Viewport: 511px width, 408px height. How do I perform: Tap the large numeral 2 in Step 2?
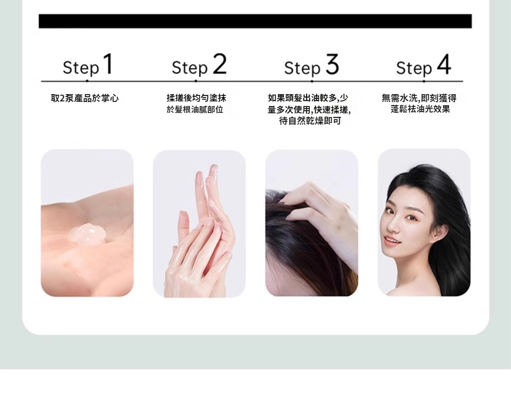(x=220, y=64)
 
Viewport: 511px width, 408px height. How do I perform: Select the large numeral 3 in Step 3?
(x=332, y=64)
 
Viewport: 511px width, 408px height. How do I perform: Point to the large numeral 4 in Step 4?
(x=444, y=64)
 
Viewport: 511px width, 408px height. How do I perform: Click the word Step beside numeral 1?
(x=81, y=69)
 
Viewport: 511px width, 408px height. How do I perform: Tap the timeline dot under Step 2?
(x=195, y=81)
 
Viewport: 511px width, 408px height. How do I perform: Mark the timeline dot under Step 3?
(x=312, y=81)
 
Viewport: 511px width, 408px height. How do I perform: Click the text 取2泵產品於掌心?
(x=85, y=98)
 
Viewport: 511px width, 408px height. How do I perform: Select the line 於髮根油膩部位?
(x=195, y=109)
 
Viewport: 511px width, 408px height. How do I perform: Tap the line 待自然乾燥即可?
(x=310, y=121)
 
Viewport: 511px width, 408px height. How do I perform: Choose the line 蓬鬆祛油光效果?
(x=420, y=109)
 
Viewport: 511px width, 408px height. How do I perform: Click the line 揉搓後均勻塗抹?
(x=196, y=98)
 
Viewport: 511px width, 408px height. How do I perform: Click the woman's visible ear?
(x=440, y=232)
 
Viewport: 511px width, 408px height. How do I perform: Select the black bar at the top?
(x=255, y=21)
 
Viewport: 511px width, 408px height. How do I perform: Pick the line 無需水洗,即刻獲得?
(x=419, y=98)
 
